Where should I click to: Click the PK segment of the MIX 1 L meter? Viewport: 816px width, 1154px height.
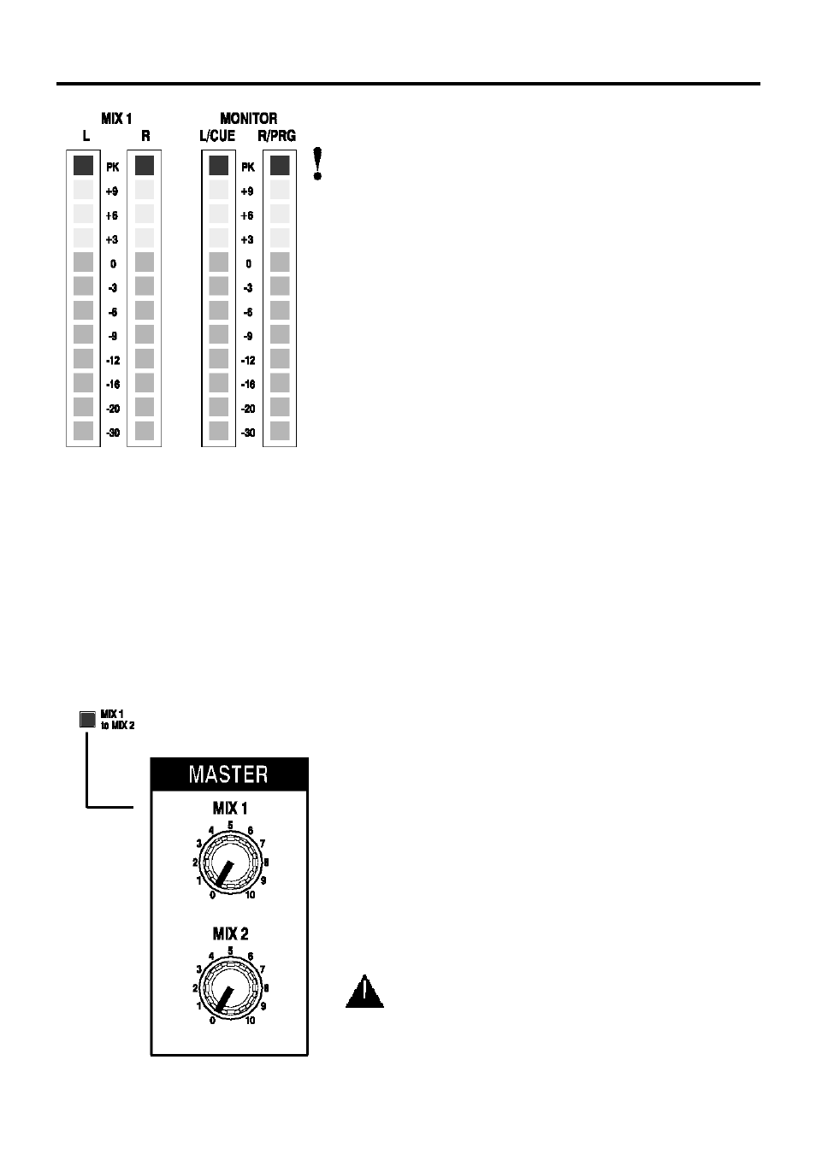tap(83, 165)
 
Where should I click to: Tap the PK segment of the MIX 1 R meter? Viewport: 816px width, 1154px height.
tap(145, 165)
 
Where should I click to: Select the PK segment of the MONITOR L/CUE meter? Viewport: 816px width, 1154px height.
tap(219, 165)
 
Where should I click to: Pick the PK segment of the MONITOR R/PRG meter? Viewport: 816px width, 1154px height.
tap(280, 165)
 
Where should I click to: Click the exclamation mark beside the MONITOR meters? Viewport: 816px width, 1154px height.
tap(318, 164)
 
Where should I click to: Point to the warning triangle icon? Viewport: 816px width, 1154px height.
tap(365, 992)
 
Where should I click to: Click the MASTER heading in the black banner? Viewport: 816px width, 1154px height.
tap(228, 774)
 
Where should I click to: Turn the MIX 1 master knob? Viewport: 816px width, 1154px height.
tap(230, 863)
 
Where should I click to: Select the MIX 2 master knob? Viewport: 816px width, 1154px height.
tap(230, 988)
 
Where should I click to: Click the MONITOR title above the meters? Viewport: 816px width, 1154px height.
tap(248, 119)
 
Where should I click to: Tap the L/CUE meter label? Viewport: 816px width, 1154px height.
tap(217, 136)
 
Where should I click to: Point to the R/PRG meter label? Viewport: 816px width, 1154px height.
tap(277, 136)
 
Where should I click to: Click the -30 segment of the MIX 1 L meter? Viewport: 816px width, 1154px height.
tap(83, 431)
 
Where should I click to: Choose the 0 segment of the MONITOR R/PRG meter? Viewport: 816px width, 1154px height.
tap(280, 262)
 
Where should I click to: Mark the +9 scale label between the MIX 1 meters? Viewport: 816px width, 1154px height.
tap(112, 191)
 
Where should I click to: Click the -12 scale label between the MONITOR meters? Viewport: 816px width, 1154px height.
tap(248, 361)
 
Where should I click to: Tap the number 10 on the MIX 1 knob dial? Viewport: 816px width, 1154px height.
tap(250, 895)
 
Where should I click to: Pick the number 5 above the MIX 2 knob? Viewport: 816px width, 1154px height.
tap(230, 951)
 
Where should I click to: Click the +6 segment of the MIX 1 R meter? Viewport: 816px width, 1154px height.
tap(145, 214)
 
